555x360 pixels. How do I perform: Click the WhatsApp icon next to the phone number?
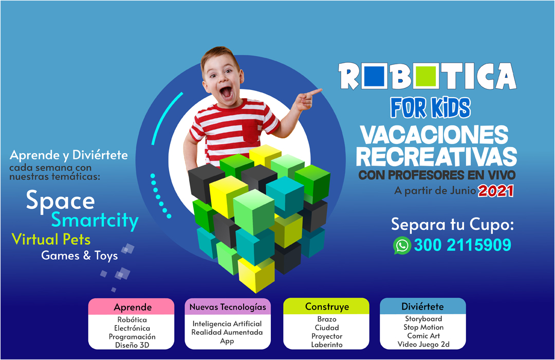(402, 245)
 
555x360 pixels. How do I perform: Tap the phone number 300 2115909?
(462, 245)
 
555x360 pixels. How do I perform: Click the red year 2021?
(496, 191)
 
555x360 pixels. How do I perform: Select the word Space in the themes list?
(60, 201)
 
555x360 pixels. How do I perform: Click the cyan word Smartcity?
(95, 221)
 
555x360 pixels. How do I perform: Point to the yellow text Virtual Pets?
(51, 239)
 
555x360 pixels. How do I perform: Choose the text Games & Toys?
(80, 255)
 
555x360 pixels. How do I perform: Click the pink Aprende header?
(133, 307)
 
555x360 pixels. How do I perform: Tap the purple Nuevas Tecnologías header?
(228, 307)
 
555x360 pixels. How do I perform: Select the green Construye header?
(326, 307)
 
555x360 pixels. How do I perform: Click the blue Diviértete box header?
(422, 307)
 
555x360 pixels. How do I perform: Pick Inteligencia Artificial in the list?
(227, 324)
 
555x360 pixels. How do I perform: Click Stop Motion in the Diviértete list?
(423, 328)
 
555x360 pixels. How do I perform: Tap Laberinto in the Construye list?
(326, 345)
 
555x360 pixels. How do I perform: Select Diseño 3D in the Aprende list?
(132, 345)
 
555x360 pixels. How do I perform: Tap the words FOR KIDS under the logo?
(430, 107)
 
